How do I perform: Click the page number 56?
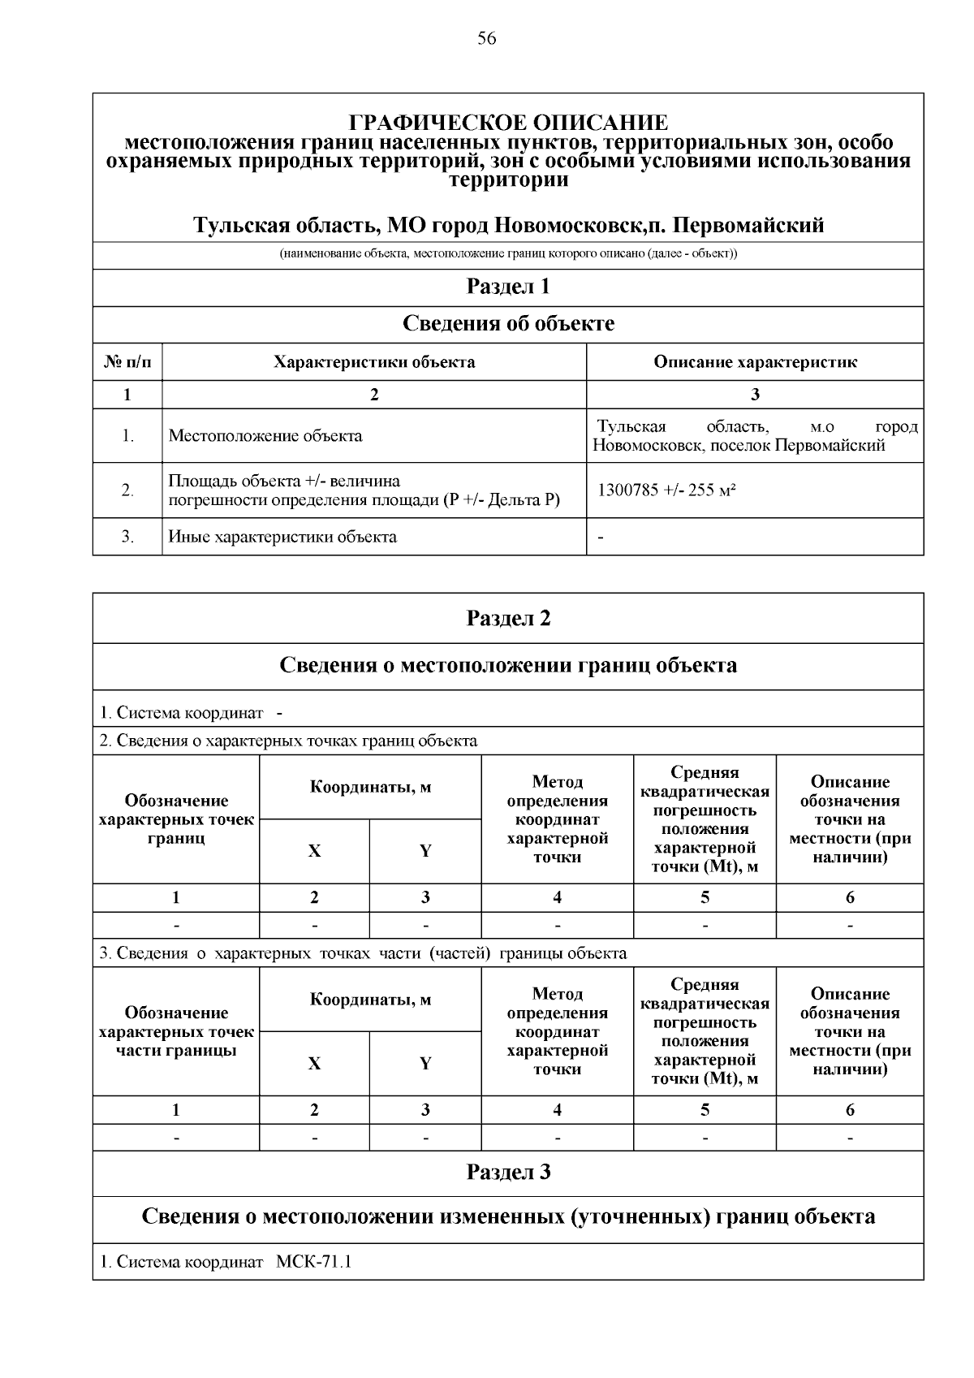click(x=487, y=39)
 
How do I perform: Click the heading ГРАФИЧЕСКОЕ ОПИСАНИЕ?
click(x=508, y=123)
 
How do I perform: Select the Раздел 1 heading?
click(x=508, y=287)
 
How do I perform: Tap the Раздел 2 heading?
click(x=508, y=618)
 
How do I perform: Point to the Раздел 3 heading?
click(x=508, y=1172)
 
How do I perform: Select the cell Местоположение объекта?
click(x=265, y=435)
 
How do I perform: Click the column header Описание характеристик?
click(x=755, y=361)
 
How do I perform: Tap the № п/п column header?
click(x=127, y=361)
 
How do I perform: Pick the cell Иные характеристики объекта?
click(x=282, y=536)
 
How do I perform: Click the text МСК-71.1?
click(x=314, y=1262)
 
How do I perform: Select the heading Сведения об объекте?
click(x=508, y=323)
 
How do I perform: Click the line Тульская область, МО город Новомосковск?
click(x=508, y=224)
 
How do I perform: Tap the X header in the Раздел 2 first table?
click(x=314, y=850)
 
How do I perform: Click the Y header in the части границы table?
click(x=425, y=1063)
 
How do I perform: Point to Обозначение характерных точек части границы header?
click(x=176, y=1031)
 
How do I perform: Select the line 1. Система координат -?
click(x=192, y=712)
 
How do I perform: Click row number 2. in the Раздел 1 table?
click(x=127, y=490)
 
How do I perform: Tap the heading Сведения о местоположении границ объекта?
click(x=508, y=666)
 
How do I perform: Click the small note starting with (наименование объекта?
click(x=508, y=254)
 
